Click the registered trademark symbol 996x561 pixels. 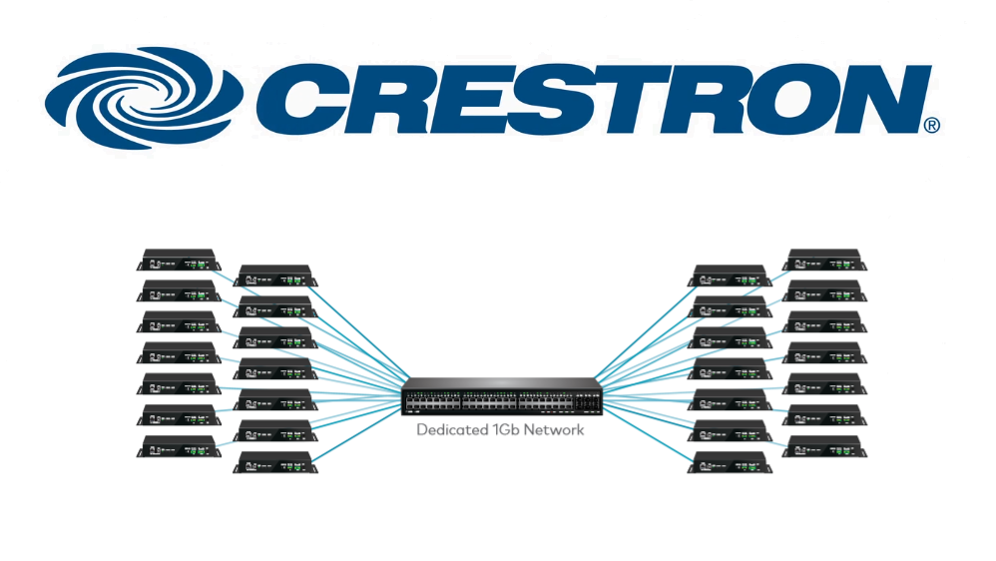click(931, 126)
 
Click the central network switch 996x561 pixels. click(502, 397)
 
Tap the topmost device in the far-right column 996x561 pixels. click(824, 262)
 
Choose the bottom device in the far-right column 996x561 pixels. click(824, 445)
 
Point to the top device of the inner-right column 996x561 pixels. click(732, 276)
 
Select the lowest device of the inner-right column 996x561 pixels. click(732, 462)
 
